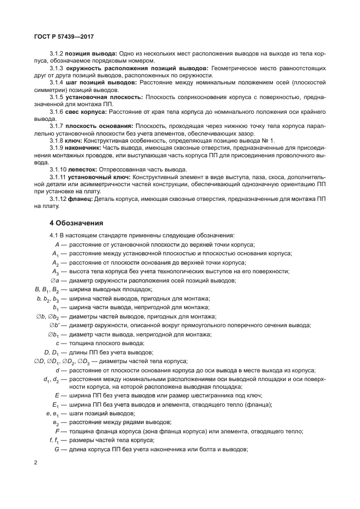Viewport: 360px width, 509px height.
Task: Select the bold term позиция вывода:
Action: coord(91,54)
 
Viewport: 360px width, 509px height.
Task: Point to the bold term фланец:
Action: coord(80,199)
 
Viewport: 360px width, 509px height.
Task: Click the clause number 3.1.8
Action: coord(57,139)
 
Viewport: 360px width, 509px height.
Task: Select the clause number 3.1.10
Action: coord(59,169)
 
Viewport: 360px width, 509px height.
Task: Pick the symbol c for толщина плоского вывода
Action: coord(57,343)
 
